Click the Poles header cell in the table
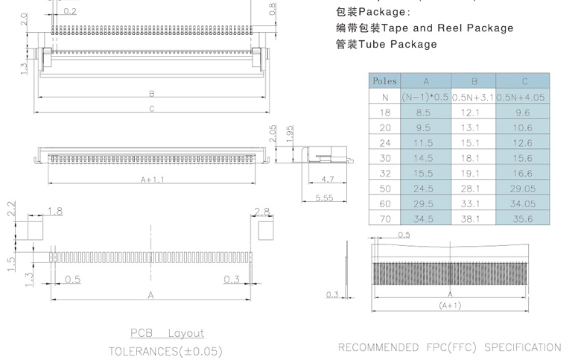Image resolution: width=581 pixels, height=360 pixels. click(x=384, y=81)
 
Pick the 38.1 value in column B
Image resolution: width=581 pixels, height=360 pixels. click(x=474, y=219)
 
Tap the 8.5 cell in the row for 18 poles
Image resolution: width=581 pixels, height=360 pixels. click(x=425, y=113)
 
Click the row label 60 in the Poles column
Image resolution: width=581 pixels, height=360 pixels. click(x=384, y=203)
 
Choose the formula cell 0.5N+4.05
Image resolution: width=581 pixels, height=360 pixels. click(x=523, y=97)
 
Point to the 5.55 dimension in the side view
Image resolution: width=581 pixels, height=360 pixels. click(x=324, y=197)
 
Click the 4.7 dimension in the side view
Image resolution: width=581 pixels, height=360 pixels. click(x=326, y=180)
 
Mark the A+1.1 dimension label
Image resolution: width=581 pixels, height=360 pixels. click(x=152, y=180)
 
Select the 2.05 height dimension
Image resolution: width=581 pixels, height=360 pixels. click(x=273, y=133)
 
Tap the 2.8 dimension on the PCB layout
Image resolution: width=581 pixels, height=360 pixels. click(x=261, y=212)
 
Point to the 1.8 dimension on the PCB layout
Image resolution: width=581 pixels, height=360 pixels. click(x=55, y=212)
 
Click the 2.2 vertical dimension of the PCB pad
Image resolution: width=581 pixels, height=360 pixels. click(x=11, y=209)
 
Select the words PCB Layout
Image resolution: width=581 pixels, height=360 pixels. click(x=167, y=333)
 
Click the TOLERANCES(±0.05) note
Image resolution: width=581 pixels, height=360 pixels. click(x=165, y=351)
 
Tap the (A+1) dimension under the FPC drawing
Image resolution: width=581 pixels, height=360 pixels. click(x=450, y=306)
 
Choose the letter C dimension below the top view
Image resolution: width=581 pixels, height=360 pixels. click(x=151, y=109)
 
